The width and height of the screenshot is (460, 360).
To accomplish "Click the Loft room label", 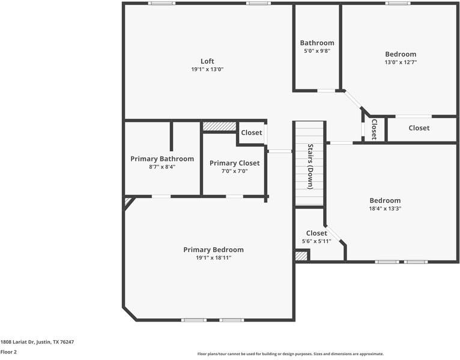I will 207,61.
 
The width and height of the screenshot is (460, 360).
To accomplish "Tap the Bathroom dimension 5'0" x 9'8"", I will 317,51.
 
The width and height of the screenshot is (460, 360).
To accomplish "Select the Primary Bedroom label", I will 213,250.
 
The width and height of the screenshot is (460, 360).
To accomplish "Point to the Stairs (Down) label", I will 310,166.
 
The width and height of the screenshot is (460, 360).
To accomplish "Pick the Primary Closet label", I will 234,163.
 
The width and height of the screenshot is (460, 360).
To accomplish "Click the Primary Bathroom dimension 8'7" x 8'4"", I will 162,167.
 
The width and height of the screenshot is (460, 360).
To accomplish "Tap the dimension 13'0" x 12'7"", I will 401,62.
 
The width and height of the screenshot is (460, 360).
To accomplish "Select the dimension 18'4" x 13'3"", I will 385,208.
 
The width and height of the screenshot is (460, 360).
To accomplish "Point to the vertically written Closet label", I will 374,129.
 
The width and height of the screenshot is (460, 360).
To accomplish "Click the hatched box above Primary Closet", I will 219,127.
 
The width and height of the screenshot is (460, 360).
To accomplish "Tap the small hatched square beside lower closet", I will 301,256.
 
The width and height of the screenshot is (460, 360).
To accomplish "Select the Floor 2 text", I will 8,352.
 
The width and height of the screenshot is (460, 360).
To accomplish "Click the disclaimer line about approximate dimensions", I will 290,354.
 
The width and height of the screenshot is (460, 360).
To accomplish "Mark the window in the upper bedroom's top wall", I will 398,3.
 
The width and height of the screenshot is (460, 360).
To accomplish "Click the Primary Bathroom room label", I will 162,159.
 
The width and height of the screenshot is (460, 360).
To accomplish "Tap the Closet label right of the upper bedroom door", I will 419,128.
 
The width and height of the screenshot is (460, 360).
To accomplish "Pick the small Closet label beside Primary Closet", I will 251,133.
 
